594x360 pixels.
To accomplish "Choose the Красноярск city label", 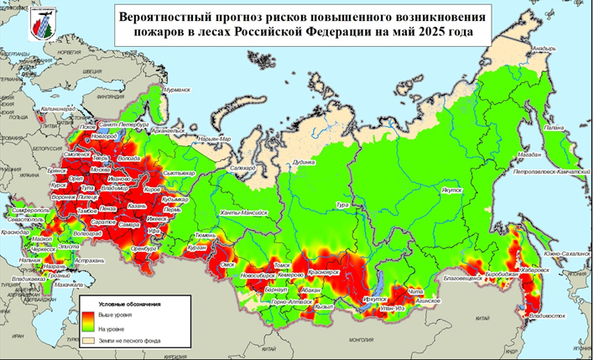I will point(322,274).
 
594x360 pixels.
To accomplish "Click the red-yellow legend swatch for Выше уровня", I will point(88,314).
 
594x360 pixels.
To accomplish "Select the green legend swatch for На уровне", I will point(88,327).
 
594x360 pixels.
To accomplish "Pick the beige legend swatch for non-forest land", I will point(88,342).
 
